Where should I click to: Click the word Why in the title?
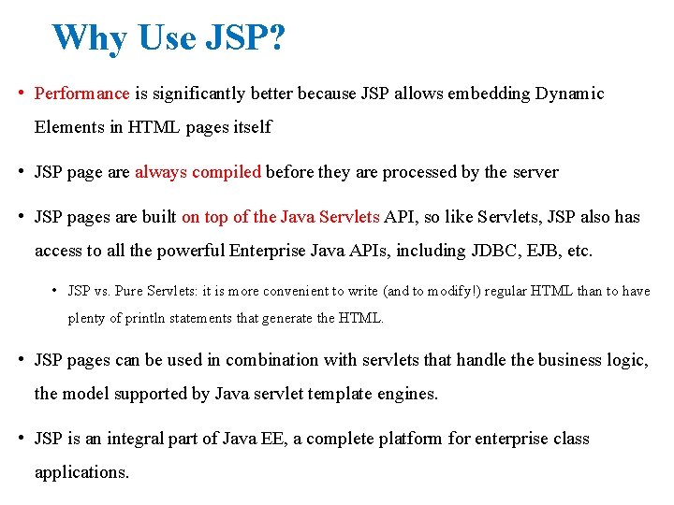tap(92, 38)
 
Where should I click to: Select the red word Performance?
tap(81, 94)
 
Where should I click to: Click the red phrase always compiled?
tap(198, 172)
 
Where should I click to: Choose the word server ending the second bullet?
tap(534, 172)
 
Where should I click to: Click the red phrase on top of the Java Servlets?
tap(281, 217)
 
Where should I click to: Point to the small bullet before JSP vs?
tap(56, 291)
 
